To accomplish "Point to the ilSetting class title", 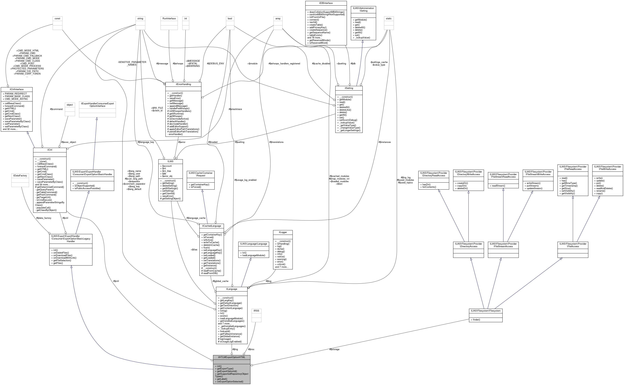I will point(349,88).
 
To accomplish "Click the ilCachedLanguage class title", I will point(211,226).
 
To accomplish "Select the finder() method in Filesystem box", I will point(476,320).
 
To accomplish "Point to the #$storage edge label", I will point(334,349).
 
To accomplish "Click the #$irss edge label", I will point(251,349).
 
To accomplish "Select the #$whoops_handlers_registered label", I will point(284,64).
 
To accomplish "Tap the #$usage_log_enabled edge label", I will point(245,180).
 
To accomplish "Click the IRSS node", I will point(256,311).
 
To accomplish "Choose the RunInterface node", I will point(169,19).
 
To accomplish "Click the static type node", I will point(389,19).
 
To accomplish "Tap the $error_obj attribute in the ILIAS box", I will point(167,176).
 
